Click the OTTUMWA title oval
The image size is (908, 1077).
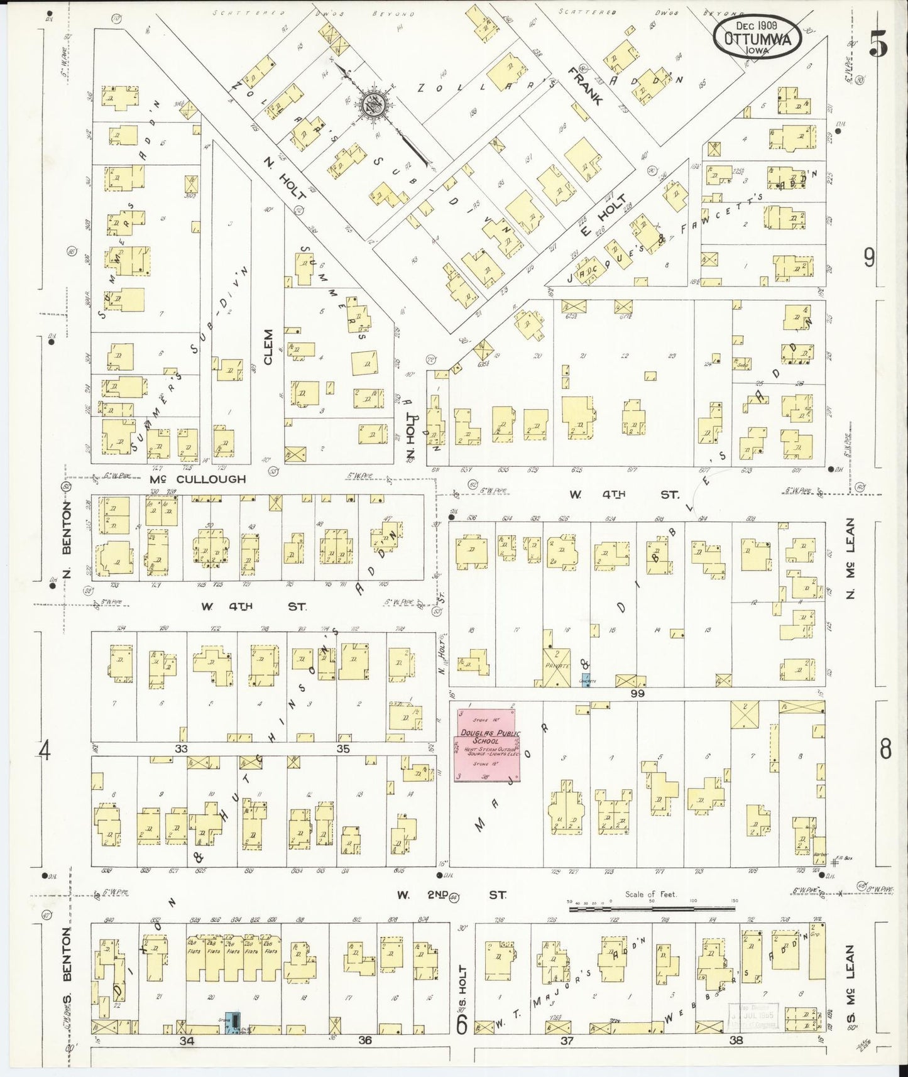(757, 36)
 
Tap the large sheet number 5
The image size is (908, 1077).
(878, 43)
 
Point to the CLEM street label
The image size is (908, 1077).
(269, 347)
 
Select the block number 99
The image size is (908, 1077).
(638, 693)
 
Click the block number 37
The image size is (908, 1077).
(567, 1040)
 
